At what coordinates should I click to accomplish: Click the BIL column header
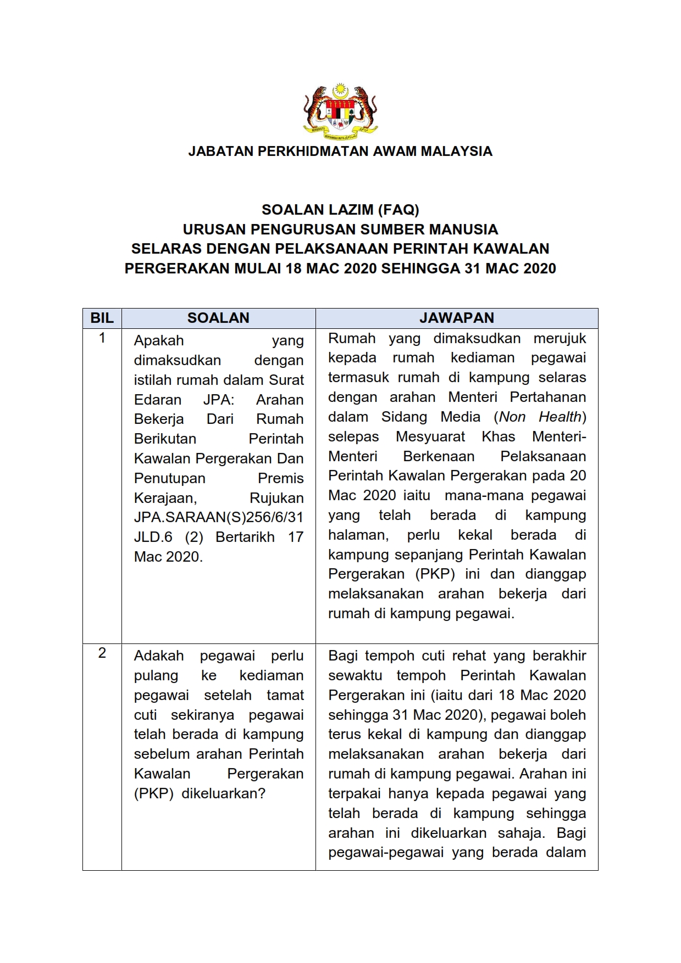102,318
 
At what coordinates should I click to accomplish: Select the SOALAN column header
218,318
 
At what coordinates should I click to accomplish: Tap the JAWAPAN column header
457,318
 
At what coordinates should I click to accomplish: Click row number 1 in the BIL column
102,338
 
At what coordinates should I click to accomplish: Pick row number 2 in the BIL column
102,653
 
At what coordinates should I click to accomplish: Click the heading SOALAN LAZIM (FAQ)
340,210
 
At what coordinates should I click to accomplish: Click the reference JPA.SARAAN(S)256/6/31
218,518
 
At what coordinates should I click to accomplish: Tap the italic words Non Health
540,417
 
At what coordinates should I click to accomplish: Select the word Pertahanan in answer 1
547,397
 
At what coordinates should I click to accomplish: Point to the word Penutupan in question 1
169,478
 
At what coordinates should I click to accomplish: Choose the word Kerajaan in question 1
164,498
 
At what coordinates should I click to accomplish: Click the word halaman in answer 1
357,535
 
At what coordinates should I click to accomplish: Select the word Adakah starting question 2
158,656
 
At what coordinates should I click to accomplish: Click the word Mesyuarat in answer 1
430,437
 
